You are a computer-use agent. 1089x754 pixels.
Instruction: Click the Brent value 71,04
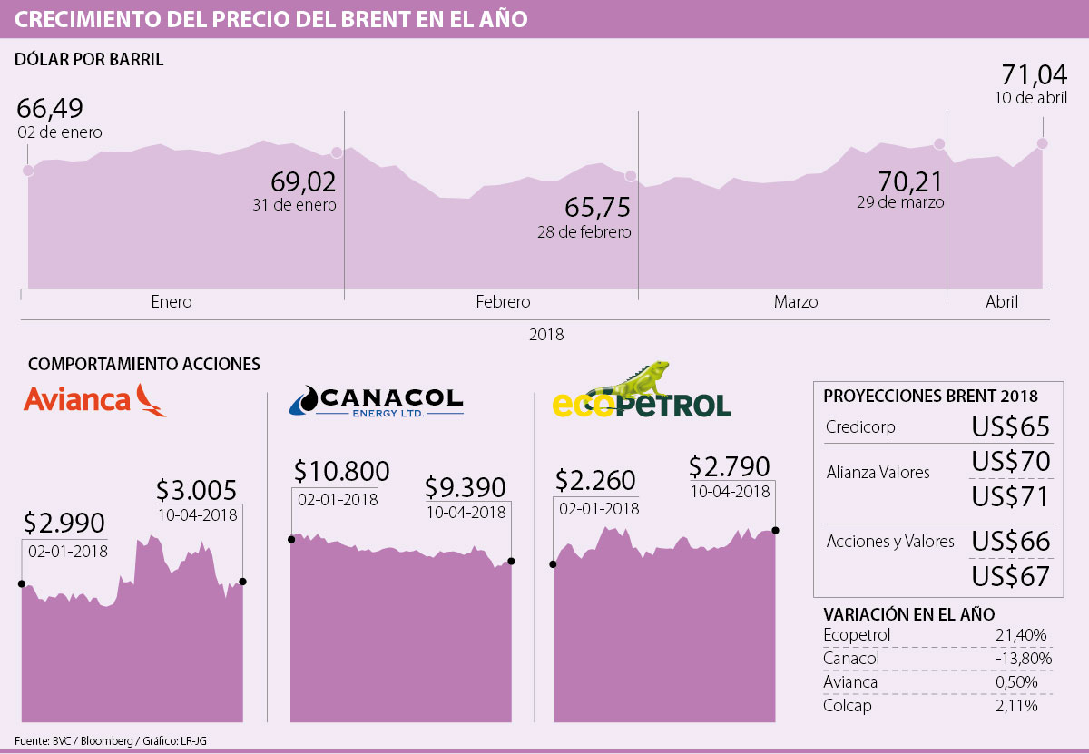(x=1034, y=74)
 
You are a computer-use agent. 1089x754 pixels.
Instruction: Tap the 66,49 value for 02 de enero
(x=51, y=108)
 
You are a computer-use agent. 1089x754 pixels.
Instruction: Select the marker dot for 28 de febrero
(x=631, y=176)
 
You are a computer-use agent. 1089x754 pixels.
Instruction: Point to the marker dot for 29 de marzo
(x=939, y=144)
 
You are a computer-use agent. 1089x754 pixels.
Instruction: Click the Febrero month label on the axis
(x=503, y=302)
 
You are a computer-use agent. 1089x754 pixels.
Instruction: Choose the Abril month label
(x=1002, y=302)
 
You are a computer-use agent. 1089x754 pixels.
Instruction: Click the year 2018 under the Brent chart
(x=545, y=335)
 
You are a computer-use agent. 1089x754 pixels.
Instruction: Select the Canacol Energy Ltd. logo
(x=376, y=400)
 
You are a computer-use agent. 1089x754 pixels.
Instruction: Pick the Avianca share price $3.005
(x=196, y=490)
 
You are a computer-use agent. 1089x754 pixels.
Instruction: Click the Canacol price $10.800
(x=341, y=471)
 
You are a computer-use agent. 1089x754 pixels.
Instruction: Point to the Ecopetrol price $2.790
(x=729, y=466)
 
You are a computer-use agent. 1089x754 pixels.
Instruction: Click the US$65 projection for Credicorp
(x=1010, y=427)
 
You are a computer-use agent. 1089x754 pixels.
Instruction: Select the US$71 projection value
(x=1010, y=496)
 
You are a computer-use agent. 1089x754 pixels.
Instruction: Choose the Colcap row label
(x=847, y=705)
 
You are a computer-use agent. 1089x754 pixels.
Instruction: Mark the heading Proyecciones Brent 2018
(x=930, y=397)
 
